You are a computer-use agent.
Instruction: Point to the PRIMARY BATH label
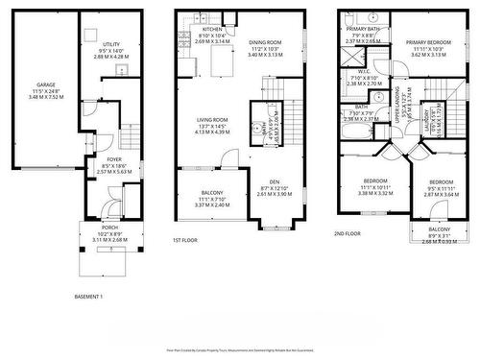coord(363,30)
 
